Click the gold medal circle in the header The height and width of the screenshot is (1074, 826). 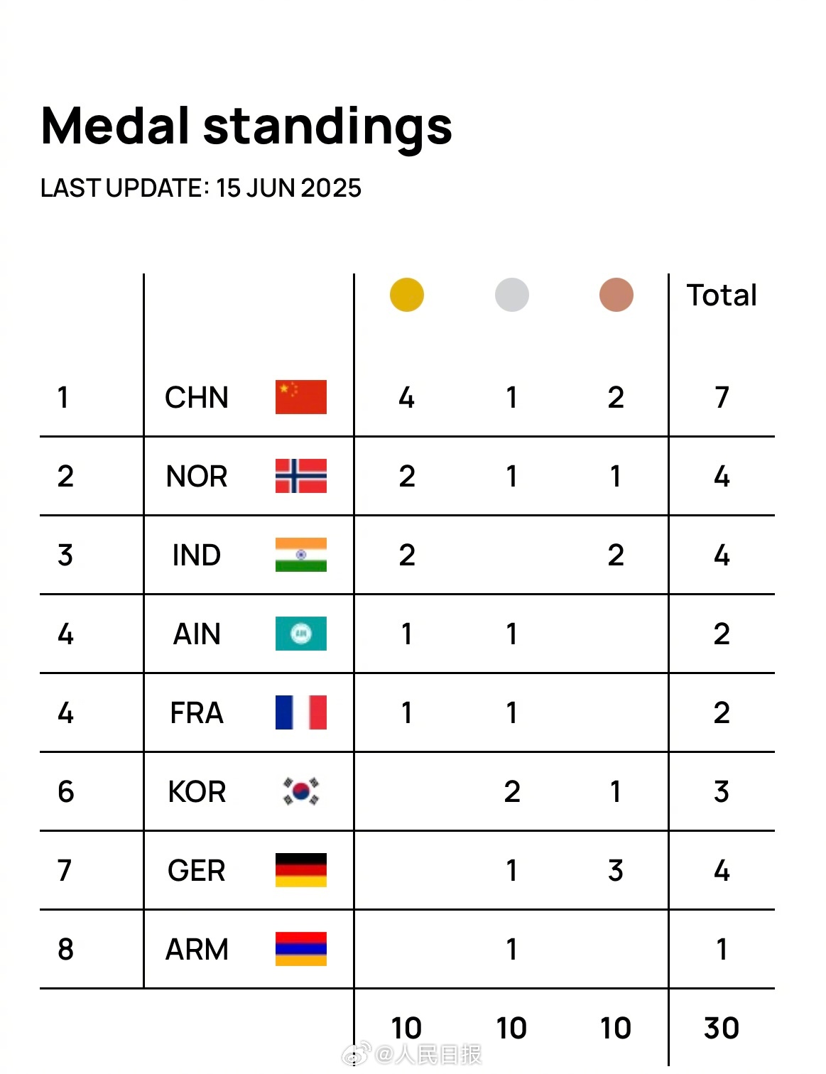point(406,295)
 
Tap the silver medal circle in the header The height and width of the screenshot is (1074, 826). point(511,295)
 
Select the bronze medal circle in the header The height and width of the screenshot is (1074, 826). point(616,295)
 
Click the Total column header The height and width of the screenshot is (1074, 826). point(722,295)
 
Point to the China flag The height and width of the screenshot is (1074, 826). point(301,397)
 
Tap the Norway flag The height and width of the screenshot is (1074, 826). point(301,476)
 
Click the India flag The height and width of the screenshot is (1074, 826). point(301,555)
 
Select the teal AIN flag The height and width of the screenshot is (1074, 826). point(301,634)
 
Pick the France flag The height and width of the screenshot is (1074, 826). point(301,712)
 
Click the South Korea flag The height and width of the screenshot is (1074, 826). point(301,791)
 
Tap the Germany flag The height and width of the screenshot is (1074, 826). point(301,870)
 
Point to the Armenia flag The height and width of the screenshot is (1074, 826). point(301,949)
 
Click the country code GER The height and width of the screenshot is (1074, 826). point(197,871)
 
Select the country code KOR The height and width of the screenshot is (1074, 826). point(197,792)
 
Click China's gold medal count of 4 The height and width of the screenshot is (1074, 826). point(406,398)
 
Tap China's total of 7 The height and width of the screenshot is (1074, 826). point(722,398)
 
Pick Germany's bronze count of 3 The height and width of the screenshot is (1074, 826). point(616,871)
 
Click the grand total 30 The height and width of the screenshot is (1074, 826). point(722,1028)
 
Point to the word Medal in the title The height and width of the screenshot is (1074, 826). point(114,126)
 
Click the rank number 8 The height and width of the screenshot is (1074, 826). point(65,950)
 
